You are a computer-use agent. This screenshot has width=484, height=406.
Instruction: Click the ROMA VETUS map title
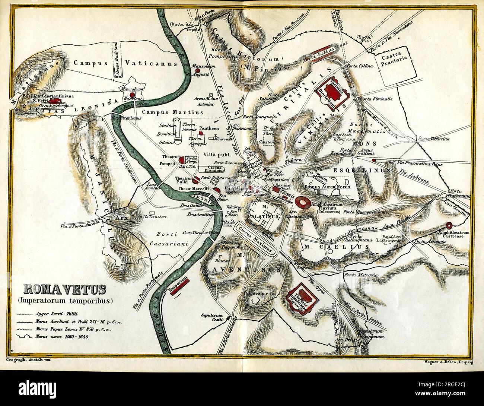[x=64, y=289]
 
